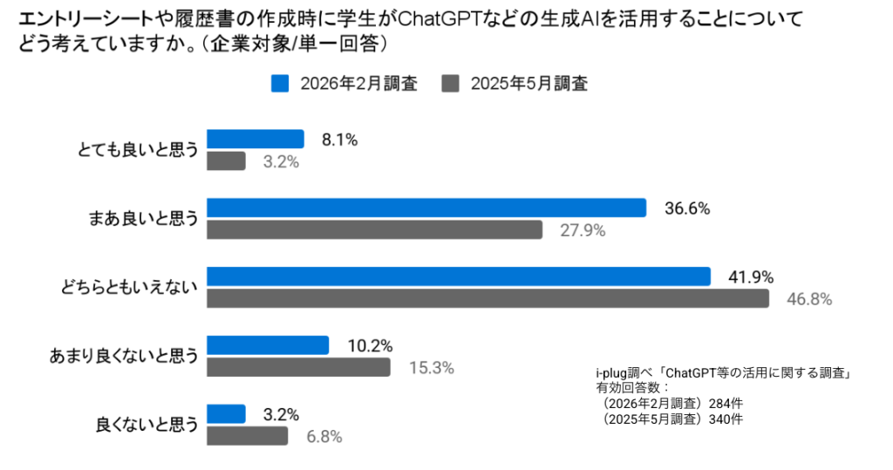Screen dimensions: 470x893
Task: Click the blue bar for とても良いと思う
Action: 255,139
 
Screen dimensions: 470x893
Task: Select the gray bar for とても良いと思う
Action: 226,161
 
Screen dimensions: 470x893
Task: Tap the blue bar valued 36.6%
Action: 426,208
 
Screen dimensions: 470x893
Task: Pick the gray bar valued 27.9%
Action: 375,230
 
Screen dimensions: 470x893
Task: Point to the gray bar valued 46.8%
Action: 487,299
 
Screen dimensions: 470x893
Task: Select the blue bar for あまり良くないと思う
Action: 267,345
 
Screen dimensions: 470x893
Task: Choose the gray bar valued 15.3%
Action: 298,368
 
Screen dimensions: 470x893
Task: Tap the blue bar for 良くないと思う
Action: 226,413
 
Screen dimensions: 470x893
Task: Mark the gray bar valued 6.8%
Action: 247,436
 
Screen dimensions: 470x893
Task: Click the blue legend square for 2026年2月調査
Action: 280,84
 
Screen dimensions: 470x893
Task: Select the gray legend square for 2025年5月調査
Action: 451,84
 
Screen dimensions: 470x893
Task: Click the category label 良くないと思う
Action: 147,426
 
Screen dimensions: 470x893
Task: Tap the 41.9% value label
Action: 751,277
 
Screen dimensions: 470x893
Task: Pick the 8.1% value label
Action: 339,140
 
